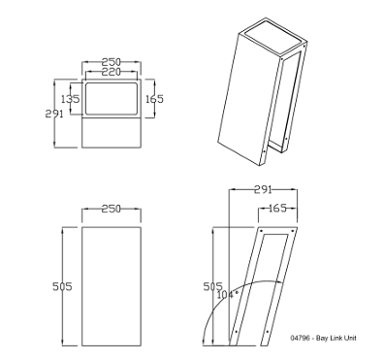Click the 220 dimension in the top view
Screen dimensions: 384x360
(x=112, y=72)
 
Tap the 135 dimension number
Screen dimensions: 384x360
(x=71, y=99)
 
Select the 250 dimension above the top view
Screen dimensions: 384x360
(x=112, y=62)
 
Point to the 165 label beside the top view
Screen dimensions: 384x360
(x=154, y=99)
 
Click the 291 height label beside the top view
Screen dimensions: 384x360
(x=54, y=114)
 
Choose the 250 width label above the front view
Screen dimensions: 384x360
(x=112, y=209)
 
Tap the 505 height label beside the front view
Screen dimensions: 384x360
(x=62, y=286)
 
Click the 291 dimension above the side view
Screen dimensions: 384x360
(x=263, y=189)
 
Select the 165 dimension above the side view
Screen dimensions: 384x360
(x=277, y=208)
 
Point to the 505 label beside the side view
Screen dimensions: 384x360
(x=212, y=286)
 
